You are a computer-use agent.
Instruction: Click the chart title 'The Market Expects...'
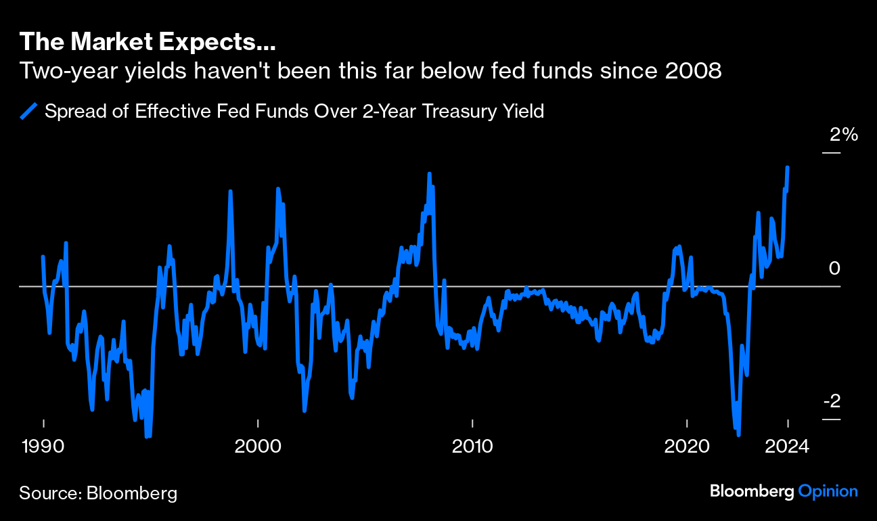(147, 42)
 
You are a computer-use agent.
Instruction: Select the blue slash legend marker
(29, 111)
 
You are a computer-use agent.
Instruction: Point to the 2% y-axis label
(844, 135)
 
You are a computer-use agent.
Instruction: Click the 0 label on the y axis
(834, 269)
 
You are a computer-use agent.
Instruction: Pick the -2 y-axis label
(832, 401)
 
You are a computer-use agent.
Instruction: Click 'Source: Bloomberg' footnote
(98, 493)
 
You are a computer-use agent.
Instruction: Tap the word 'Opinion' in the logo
(828, 491)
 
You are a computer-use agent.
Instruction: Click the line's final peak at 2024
(788, 167)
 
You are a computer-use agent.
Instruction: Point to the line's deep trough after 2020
(738, 434)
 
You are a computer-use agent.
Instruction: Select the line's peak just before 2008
(429, 174)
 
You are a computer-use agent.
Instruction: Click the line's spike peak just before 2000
(230, 191)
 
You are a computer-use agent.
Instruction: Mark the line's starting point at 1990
(43, 256)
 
